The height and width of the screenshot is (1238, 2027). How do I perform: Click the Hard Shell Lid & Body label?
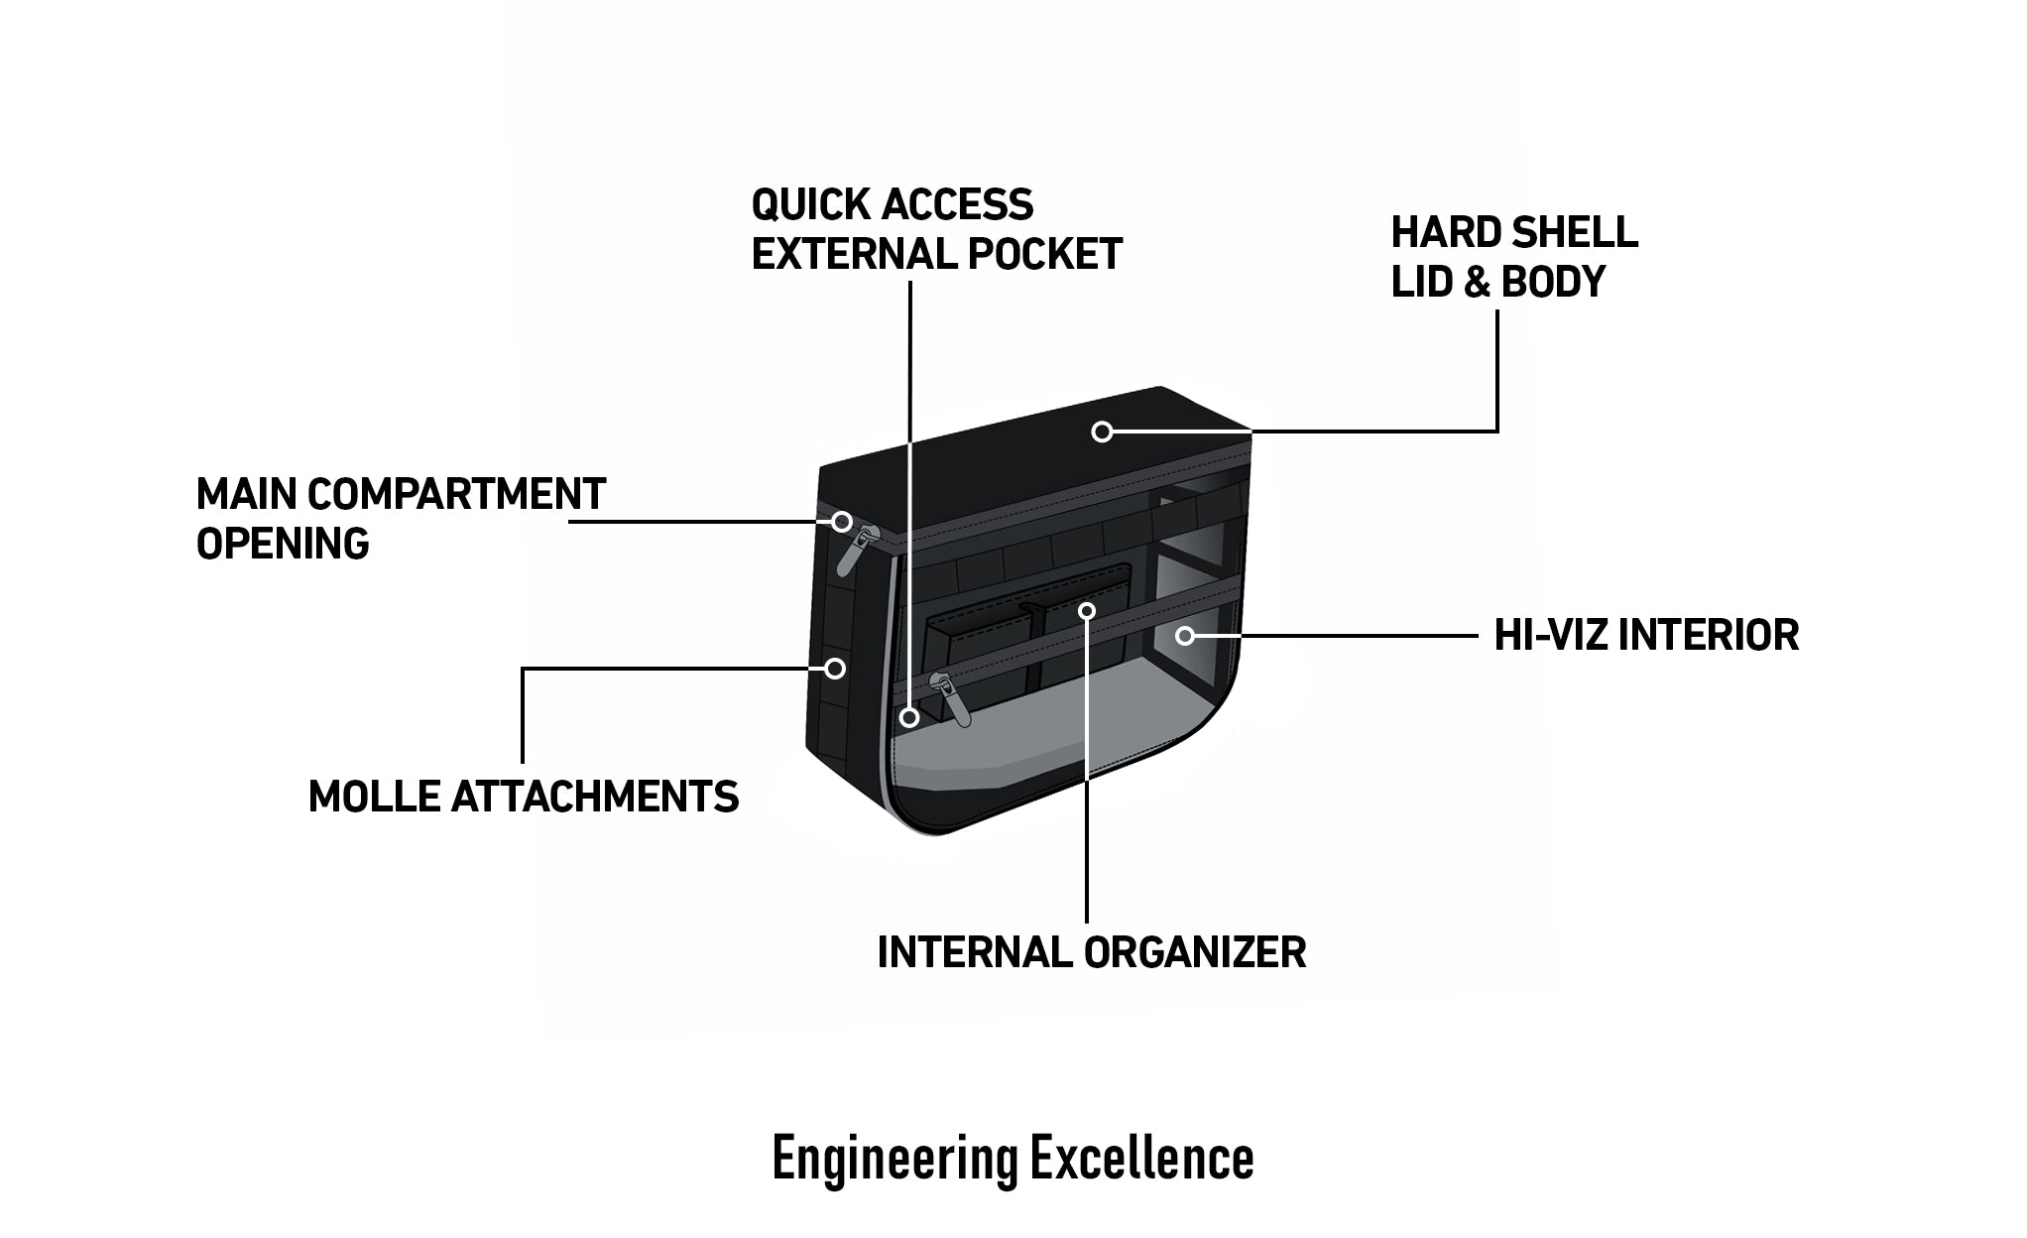click(1514, 257)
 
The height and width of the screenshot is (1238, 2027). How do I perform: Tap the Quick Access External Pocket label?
click(936, 229)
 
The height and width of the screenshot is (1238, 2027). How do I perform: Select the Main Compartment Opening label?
click(401, 518)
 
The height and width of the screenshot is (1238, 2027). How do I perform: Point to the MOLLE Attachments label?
click(524, 797)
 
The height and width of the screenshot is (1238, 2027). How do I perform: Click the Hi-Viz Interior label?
click(1646, 635)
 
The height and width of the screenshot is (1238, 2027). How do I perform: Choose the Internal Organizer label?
click(1092, 952)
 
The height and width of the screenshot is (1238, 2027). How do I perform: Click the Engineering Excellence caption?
click(1013, 1158)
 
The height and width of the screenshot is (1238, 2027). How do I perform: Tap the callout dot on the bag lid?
click(1102, 432)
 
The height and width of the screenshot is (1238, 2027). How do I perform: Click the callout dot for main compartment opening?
click(842, 521)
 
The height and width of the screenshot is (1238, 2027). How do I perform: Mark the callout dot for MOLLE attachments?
click(835, 669)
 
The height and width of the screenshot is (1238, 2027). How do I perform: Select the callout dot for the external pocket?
click(908, 715)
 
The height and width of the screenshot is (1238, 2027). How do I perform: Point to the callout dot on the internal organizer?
click(1088, 610)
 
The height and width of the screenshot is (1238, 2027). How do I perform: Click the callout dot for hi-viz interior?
click(1185, 635)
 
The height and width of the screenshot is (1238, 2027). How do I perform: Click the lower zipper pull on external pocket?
click(950, 698)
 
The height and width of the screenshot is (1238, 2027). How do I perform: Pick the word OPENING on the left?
click(283, 544)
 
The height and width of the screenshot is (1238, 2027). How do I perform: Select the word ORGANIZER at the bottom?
click(1195, 952)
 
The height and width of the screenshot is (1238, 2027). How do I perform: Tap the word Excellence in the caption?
click(1141, 1158)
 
